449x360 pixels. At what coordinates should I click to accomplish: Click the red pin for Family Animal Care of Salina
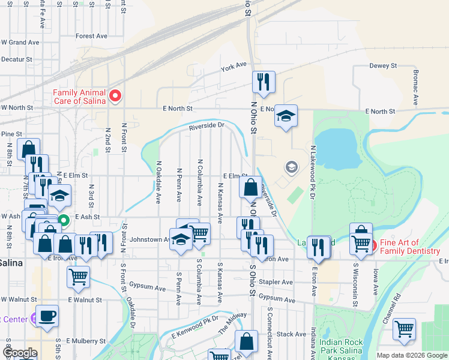(x=115, y=96)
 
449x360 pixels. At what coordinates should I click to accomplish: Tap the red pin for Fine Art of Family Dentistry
(x=372, y=245)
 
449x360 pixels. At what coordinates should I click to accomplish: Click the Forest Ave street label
(x=91, y=36)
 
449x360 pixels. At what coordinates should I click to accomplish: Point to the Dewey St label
(x=383, y=65)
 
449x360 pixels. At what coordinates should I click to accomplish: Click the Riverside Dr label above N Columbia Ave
(x=206, y=127)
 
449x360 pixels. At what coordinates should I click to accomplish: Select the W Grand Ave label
(x=20, y=43)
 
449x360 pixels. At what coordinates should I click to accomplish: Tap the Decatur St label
(x=16, y=60)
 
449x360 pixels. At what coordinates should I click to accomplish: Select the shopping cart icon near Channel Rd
(x=404, y=328)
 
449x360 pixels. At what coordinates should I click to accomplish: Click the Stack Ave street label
(x=292, y=334)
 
